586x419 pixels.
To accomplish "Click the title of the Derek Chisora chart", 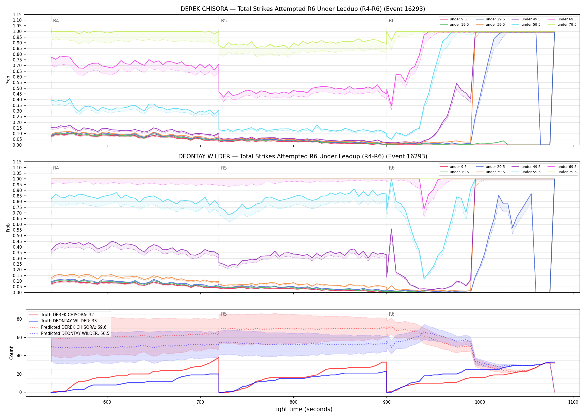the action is pyautogui.click(x=303, y=9).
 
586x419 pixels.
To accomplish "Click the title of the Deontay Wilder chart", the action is pyautogui.click(x=303, y=156).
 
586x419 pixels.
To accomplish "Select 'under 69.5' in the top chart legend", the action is pyautogui.click(x=567, y=19).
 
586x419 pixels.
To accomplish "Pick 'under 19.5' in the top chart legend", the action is pyautogui.click(x=459, y=25).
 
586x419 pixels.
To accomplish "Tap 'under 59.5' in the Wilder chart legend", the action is pyautogui.click(x=531, y=172).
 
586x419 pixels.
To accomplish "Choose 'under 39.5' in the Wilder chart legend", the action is pyautogui.click(x=495, y=172).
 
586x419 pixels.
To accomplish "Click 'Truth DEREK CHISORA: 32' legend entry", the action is pyautogui.click(x=67, y=315).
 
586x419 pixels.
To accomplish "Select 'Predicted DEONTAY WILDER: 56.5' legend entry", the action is pyautogui.click(x=75, y=334).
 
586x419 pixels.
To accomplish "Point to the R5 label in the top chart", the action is pyautogui.click(x=224, y=21).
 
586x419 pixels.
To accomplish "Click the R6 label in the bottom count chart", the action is pyautogui.click(x=392, y=314).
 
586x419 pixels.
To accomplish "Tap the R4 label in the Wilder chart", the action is pyautogui.click(x=56, y=168).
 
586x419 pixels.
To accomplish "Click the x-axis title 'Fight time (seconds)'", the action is pyautogui.click(x=303, y=409).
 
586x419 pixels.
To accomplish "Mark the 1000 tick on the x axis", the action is pyautogui.click(x=480, y=402).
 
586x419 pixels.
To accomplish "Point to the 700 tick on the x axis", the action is pyautogui.click(x=200, y=402).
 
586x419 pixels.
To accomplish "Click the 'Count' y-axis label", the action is pyautogui.click(x=11, y=353).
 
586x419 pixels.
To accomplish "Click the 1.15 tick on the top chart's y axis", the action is pyautogui.click(x=17, y=15).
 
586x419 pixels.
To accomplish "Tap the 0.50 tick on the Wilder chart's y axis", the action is pyautogui.click(x=17, y=235).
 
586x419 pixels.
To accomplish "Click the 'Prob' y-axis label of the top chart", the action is pyautogui.click(x=8, y=80).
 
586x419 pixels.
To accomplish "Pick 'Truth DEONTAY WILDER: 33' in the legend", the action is pyautogui.click(x=69, y=321).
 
